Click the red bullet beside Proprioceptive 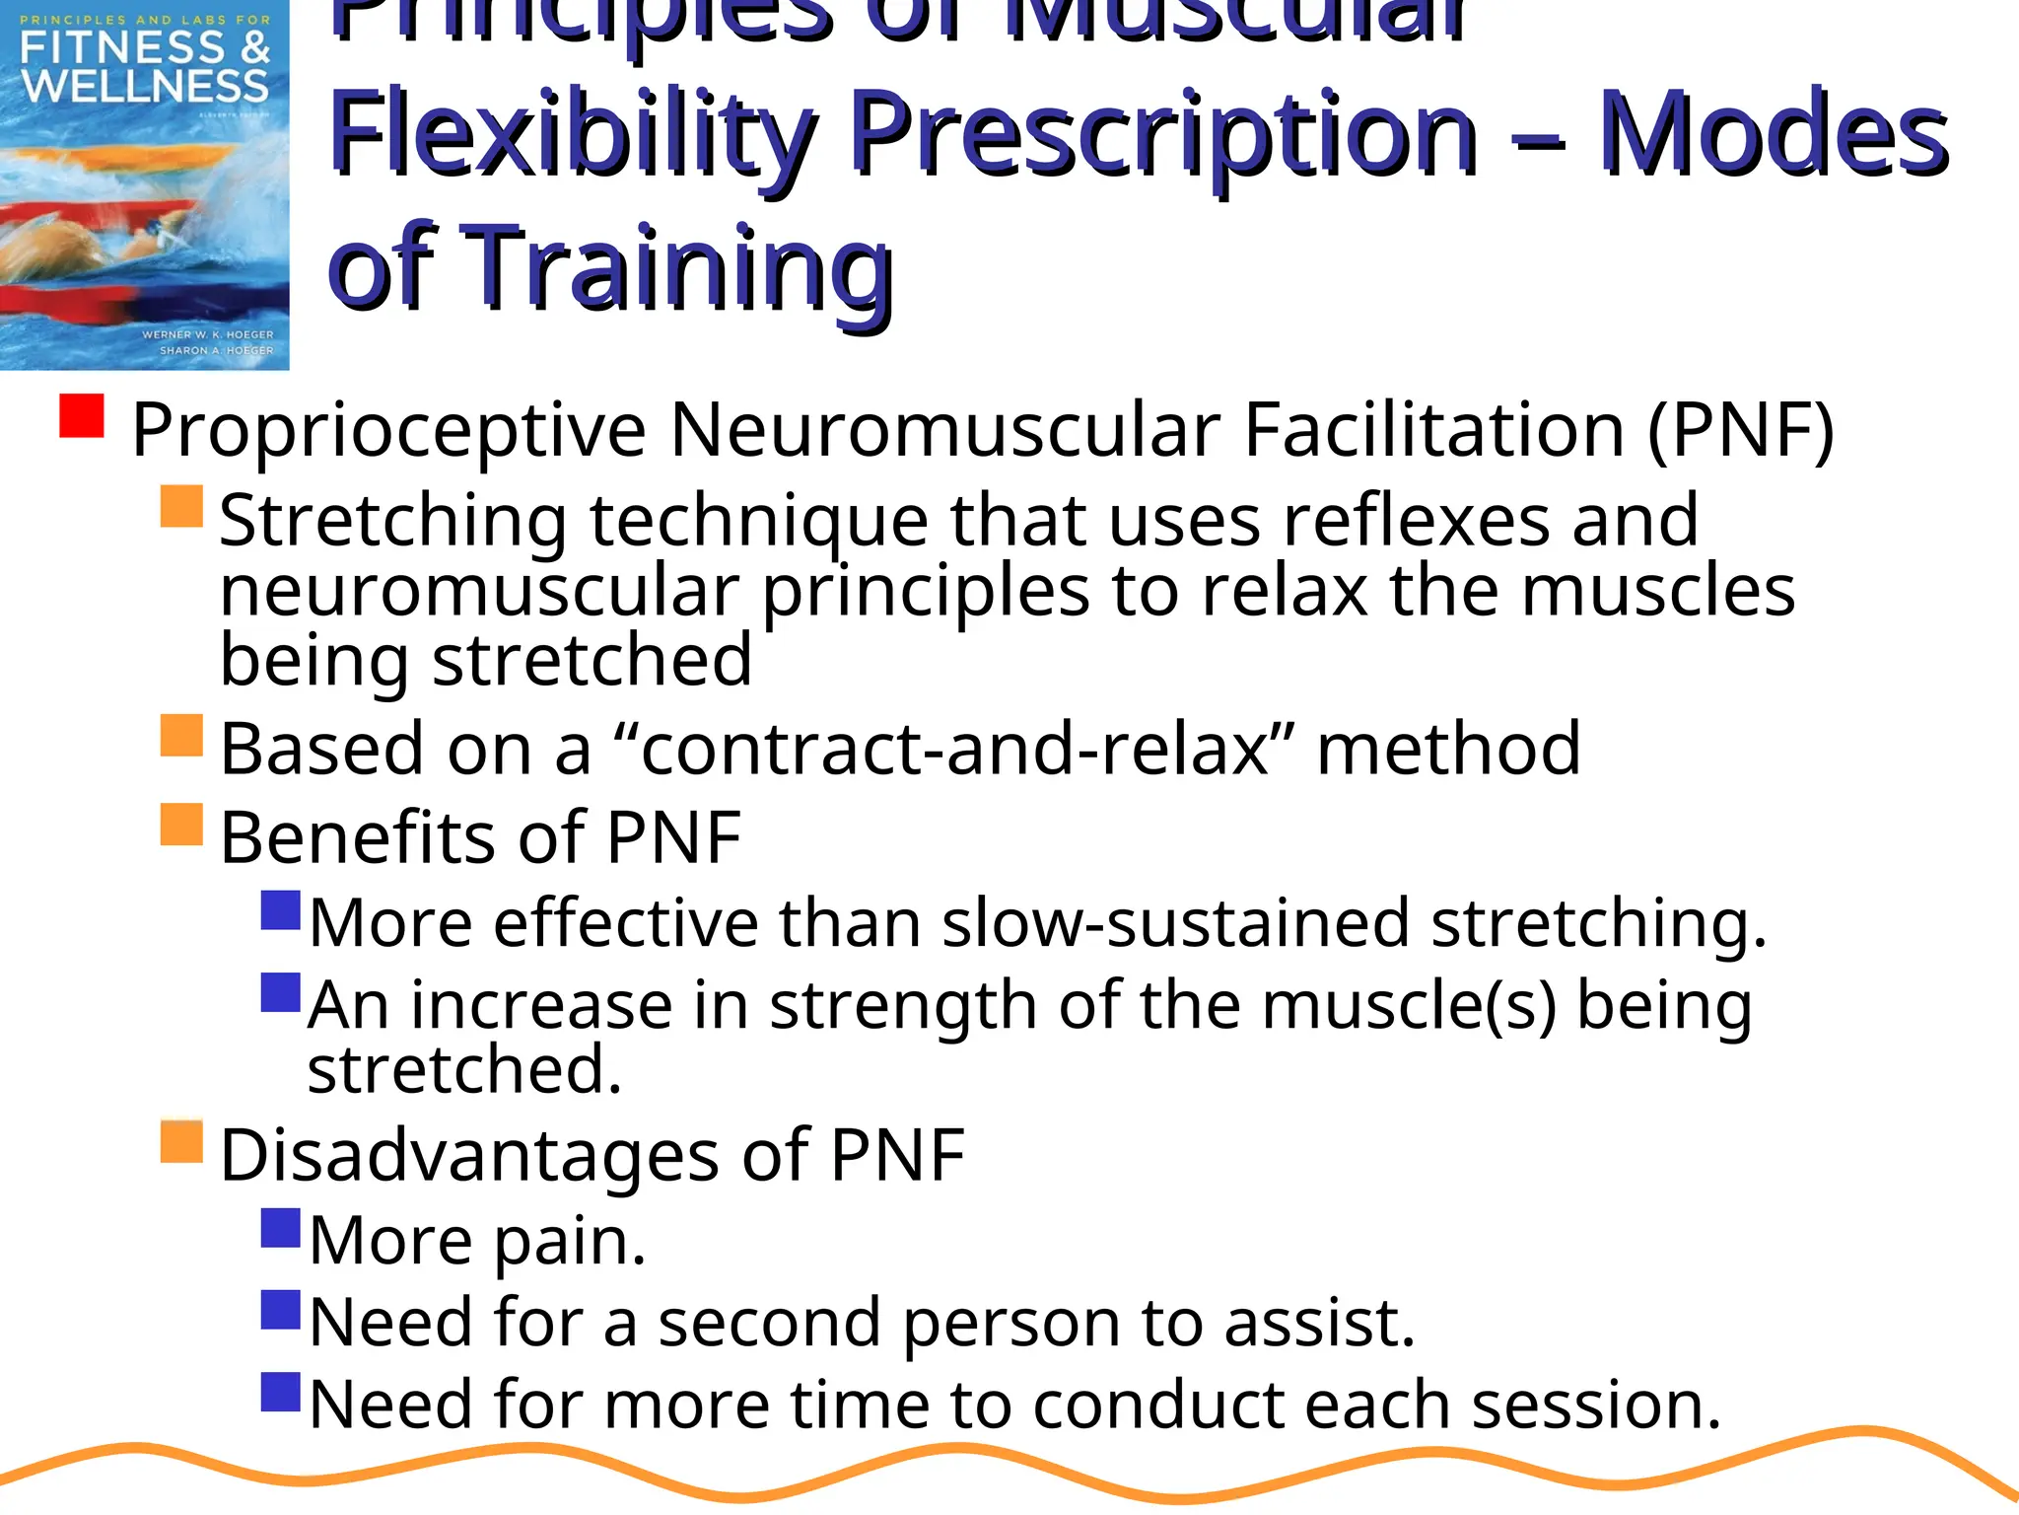(82, 415)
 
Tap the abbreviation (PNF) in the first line (1740, 431)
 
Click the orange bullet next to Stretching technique (181, 506)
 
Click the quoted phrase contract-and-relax (953, 750)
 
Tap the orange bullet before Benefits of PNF (181, 825)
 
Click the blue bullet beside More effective (281, 910)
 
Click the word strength (902, 1006)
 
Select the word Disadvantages (468, 1156)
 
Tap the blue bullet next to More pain (281, 1228)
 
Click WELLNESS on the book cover (145, 87)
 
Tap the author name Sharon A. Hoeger (216, 350)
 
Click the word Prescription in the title (1163, 135)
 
